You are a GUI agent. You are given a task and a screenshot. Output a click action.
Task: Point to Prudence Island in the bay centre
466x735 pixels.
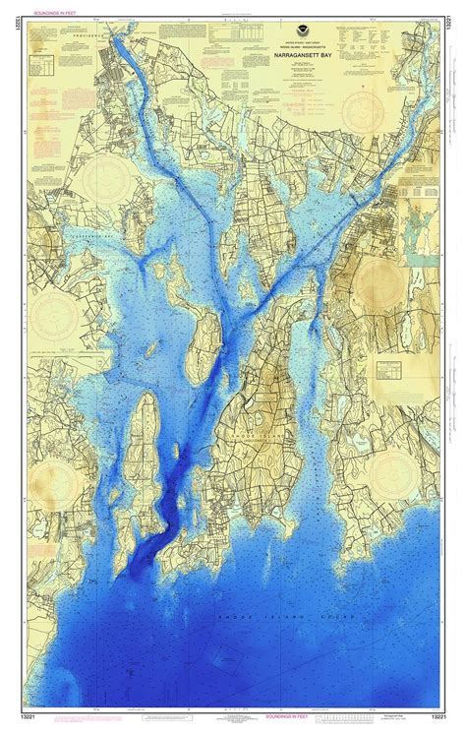coord(201,335)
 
